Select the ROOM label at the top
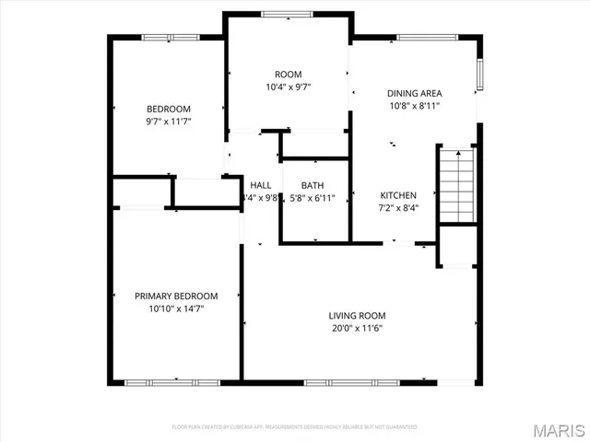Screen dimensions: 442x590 pyautogui.click(x=288, y=75)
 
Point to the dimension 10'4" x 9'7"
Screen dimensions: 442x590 pyautogui.click(x=288, y=88)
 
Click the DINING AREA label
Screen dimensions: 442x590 pyautogui.click(x=414, y=93)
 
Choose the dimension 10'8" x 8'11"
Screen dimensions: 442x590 pyautogui.click(x=414, y=106)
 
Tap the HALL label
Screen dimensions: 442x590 pyautogui.click(x=260, y=184)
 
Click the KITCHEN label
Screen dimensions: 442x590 pyautogui.click(x=399, y=195)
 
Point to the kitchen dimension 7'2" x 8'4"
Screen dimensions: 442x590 pyautogui.click(x=399, y=208)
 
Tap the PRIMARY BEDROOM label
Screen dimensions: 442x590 pyautogui.click(x=176, y=296)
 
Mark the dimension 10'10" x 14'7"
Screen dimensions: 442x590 pyautogui.click(x=176, y=309)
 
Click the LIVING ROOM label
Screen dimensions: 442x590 pyautogui.click(x=357, y=316)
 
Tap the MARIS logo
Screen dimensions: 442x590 pyautogui.click(x=557, y=429)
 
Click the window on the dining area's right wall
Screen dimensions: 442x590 pyautogui.click(x=478, y=76)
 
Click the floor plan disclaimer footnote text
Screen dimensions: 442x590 pyautogui.click(x=295, y=427)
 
